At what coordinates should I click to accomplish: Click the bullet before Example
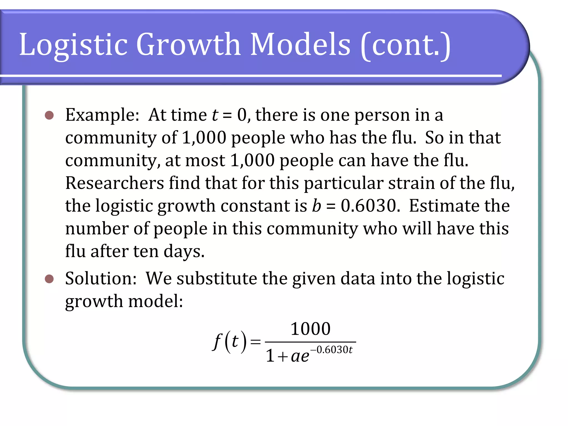pos(49,115)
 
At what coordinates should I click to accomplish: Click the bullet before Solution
pos(49,279)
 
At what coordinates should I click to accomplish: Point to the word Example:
pos(102,115)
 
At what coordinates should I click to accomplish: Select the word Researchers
pos(115,183)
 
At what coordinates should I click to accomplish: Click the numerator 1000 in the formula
pos(310,329)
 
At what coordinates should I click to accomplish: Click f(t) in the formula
pos(229,342)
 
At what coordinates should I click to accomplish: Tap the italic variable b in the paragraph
pos(316,206)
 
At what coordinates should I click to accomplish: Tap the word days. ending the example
pos(184,252)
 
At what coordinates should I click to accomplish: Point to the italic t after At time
pos(215,115)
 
